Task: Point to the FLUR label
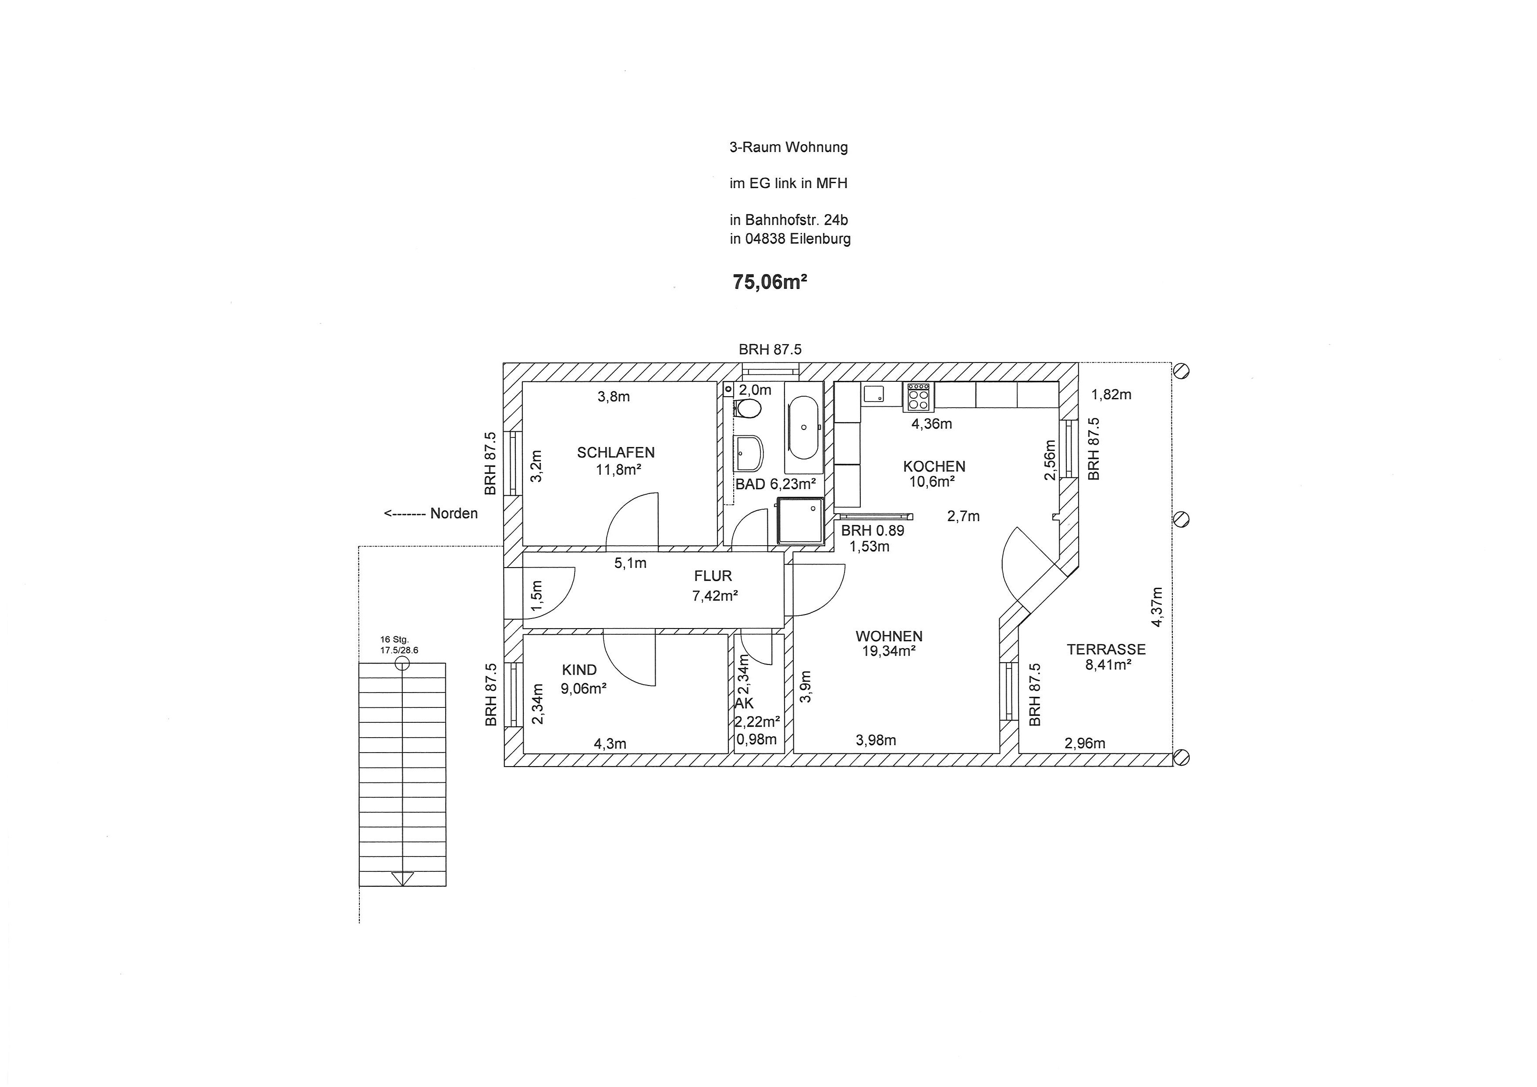[x=713, y=575]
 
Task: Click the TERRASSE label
[x=1106, y=649]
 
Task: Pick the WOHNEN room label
[x=888, y=636]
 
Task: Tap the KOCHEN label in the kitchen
[x=934, y=466]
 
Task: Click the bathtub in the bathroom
[x=803, y=426]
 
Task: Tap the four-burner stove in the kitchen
[x=919, y=397]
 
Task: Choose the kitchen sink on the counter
[x=873, y=394]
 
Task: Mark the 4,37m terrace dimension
[x=1157, y=607]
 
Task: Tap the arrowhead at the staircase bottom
[x=402, y=878]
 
